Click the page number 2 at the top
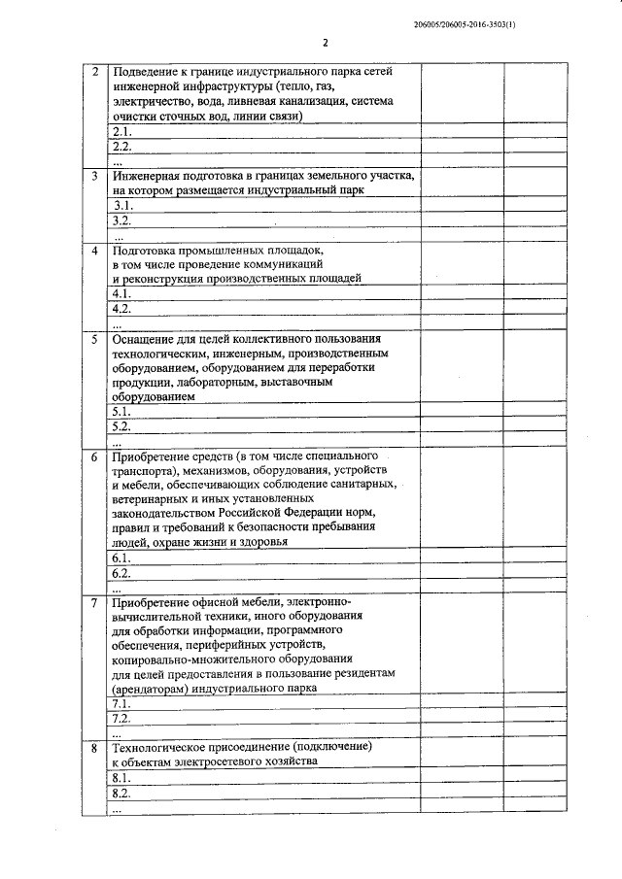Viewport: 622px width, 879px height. point(327,43)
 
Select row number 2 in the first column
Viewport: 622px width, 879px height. point(94,72)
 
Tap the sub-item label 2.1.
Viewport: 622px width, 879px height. point(121,131)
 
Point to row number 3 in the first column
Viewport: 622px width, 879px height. point(94,177)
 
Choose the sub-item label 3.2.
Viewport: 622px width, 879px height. point(121,221)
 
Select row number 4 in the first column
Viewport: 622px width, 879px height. point(94,250)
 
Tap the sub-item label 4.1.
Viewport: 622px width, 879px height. point(121,293)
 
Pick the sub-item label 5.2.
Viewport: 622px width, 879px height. point(121,426)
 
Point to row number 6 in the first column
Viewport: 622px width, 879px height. point(94,456)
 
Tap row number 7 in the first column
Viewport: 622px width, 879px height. point(94,602)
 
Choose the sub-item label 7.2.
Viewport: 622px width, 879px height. point(121,719)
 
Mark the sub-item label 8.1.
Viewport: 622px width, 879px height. point(121,779)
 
